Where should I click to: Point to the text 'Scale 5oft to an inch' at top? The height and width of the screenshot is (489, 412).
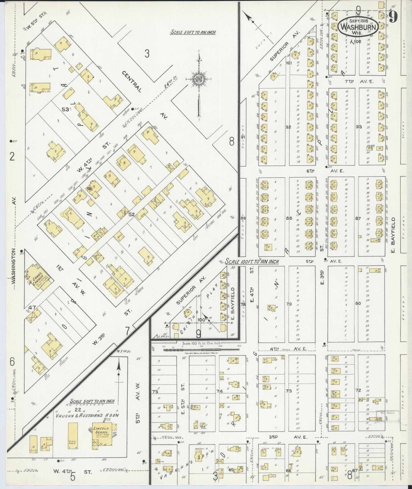pyautogui.click(x=193, y=32)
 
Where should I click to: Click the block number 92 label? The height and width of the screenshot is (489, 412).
pyautogui.click(x=288, y=127)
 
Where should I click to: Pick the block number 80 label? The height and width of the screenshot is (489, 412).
pyautogui.click(x=358, y=303)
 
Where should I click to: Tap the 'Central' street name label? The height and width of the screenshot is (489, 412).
pyautogui.click(x=132, y=81)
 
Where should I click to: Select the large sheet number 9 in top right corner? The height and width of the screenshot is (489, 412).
pyautogui.click(x=393, y=18)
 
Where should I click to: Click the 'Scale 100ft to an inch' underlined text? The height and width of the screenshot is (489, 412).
pyautogui.click(x=252, y=261)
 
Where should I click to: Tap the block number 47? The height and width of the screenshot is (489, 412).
pyautogui.click(x=32, y=308)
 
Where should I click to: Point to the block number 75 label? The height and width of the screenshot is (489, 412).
pyautogui.click(x=155, y=391)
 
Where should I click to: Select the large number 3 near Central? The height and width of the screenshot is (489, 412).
pyautogui.click(x=147, y=53)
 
